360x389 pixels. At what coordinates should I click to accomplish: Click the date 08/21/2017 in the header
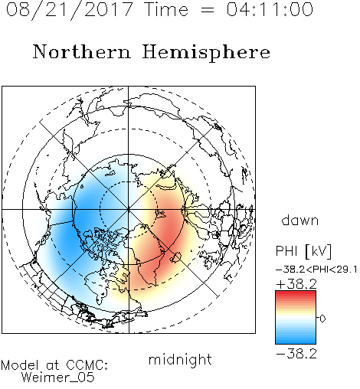coord(69,10)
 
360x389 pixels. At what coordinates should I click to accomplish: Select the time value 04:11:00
coord(270,9)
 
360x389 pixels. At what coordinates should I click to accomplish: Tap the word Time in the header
coord(166,9)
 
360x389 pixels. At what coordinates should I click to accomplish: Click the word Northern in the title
coord(82,51)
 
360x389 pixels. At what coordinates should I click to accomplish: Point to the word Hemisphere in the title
coord(206,53)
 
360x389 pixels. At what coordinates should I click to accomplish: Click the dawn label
coord(300,220)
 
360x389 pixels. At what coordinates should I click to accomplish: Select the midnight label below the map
coord(180,360)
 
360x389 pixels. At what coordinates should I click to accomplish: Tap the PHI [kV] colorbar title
coord(303,251)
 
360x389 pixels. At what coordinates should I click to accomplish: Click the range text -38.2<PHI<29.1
coord(316,270)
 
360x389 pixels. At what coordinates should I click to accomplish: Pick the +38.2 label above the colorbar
coord(296,284)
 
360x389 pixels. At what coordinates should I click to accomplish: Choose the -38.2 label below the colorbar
coord(296,354)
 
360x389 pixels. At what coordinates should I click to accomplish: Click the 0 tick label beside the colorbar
coord(322,319)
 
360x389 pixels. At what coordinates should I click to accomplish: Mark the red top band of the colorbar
coord(296,293)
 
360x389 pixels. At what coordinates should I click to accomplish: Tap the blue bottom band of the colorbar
coord(296,341)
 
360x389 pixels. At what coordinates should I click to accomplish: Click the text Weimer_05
coord(57,378)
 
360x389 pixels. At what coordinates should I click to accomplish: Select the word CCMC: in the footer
coord(87,365)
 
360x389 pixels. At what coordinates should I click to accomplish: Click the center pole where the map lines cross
coord(129,209)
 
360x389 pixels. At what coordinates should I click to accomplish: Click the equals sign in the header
coord(208,10)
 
